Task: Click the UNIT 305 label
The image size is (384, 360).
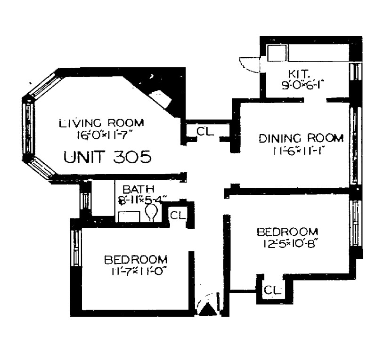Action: [107, 157]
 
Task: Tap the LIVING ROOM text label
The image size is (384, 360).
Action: [101, 123]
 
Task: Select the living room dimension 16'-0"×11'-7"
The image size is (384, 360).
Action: [101, 135]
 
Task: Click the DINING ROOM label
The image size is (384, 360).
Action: [301, 138]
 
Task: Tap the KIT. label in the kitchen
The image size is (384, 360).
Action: [298, 73]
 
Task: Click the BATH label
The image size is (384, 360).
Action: [139, 189]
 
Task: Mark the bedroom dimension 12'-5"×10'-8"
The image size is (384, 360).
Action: [289, 244]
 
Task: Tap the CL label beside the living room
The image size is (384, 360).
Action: [205, 132]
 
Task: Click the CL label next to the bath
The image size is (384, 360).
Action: [178, 216]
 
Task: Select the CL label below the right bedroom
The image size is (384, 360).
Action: [272, 290]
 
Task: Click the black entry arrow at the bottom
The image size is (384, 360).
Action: [208, 309]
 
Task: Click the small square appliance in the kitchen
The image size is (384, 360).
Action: [277, 53]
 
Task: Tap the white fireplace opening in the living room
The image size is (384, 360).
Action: [160, 98]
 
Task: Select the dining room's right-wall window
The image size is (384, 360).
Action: [355, 146]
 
